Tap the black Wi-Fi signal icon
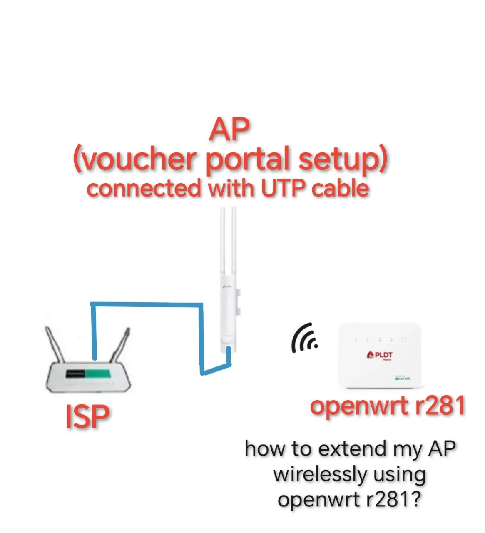click(x=304, y=338)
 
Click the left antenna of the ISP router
click(x=55, y=344)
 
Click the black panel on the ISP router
click(x=75, y=374)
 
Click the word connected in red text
click(x=144, y=189)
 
